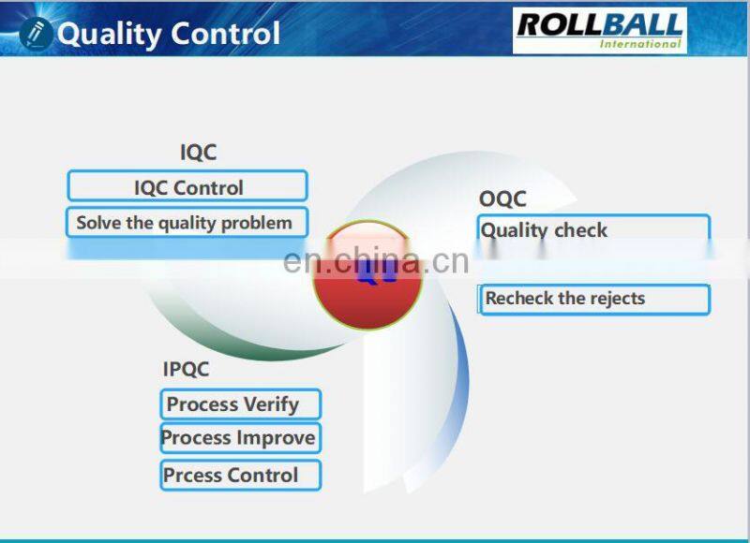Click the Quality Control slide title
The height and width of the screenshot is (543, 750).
(x=169, y=34)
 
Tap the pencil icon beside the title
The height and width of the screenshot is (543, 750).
(x=36, y=33)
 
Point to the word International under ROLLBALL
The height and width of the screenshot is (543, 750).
(x=641, y=43)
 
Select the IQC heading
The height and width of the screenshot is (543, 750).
(x=198, y=153)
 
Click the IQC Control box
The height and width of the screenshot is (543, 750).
(x=187, y=186)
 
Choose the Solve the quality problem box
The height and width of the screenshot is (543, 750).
(x=186, y=223)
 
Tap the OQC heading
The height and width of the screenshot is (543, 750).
(x=502, y=198)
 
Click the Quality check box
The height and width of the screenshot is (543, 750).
(x=593, y=230)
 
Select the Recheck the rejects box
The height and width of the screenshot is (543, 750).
(x=593, y=300)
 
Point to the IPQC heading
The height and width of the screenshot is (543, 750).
(x=186, y=369)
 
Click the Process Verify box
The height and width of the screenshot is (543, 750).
(x=240, y=404)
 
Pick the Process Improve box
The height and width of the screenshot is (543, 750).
(x=239, y=438)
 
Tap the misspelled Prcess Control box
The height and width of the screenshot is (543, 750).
(x=240, y=475)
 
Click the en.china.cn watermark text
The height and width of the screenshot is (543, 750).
(x=375, y=260)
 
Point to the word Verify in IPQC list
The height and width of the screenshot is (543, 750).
(x=270, y=405)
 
